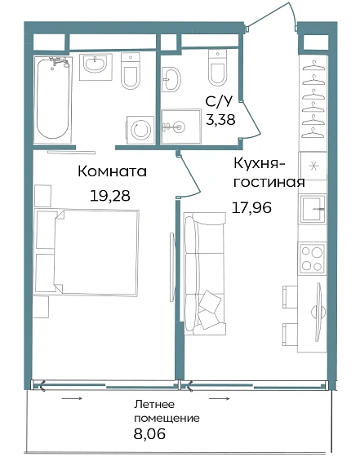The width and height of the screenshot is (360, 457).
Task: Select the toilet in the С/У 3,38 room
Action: [x=218, y=70]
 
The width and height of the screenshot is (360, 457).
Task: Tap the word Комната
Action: [x=112, y=172]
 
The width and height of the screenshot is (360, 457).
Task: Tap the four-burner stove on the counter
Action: [x=312, y=258]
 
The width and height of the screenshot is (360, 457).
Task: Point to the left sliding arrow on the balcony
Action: [x=71, y=399]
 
